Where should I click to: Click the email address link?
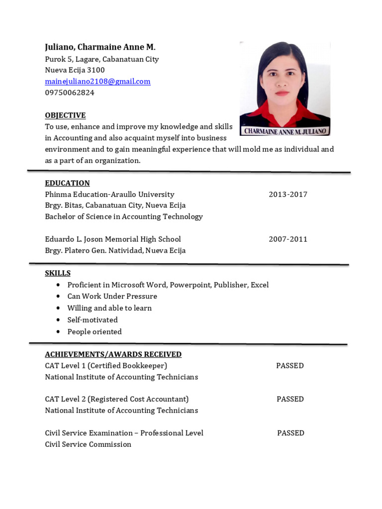97,82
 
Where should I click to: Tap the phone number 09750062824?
70,92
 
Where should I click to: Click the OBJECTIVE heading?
65,115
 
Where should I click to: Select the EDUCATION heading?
67,183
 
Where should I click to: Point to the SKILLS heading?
58,273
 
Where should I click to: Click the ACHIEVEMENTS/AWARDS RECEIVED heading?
113,354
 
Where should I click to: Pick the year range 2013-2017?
288,194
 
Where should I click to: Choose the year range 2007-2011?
288,239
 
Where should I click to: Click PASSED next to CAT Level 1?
290,366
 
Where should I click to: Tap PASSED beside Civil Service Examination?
290,433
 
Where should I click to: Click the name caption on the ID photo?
285,131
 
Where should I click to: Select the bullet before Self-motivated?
59,320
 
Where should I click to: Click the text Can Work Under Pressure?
112,296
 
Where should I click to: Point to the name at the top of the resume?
100,47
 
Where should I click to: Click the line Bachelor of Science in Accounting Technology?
124,217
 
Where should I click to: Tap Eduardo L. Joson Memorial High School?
113,239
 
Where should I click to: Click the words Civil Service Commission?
88,444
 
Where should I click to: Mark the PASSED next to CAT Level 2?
290,399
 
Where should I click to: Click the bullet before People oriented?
59,332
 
